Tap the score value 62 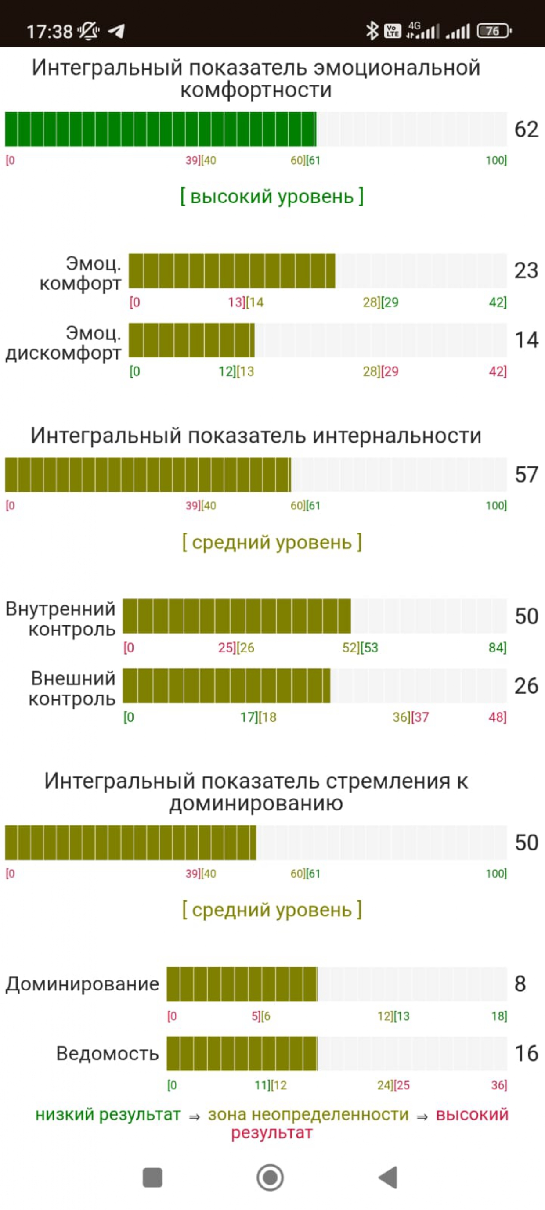[x=526, y=129]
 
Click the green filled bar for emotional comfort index [x=160, y=129]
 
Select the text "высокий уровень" [x=271, y=196]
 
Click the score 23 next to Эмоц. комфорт [x=526, y=270]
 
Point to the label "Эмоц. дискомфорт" [x=64, y=342]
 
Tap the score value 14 [x=526, y=340]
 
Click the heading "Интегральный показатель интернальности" [x=256, y=436]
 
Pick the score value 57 [x=526, y=475]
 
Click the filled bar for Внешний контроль [x=227, y=686]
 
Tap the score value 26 [x=526, y=686]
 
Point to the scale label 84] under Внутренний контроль [x=497, y=648]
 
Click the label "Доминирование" [x=82, y=983]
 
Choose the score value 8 [x=520, y=983]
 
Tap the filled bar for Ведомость [x=242, y=1053]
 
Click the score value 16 [x=526, y=1053]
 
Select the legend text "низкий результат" [x=108, y=1114]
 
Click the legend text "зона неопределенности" [x=308, y=1114]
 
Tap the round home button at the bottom [x=270, y=1178]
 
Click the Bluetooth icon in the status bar [x=372, y=31]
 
